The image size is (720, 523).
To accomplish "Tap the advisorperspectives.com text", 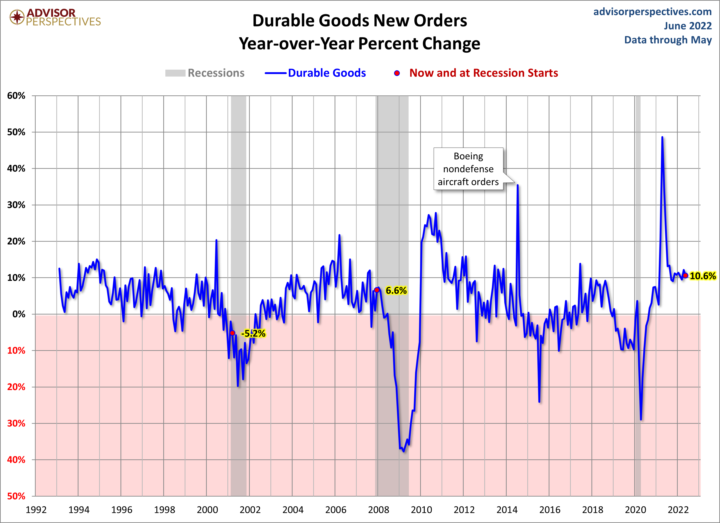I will (x=652, y=12).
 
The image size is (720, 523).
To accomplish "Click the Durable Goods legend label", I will (x=327, y=73).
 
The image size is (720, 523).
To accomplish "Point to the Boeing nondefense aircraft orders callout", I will (x=468, y=169).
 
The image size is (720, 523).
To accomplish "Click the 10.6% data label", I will (x=703, y=276).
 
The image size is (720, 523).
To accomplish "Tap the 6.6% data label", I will (x=396, y=290).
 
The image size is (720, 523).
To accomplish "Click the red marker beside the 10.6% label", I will (x=686, y=275).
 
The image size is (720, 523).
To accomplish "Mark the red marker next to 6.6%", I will (x=376, y=290).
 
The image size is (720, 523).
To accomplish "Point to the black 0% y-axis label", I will (x=19, y=314).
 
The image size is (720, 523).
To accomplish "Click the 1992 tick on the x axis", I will (x=36, y=510).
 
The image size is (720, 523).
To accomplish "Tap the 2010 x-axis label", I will (x=421, y=510).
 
